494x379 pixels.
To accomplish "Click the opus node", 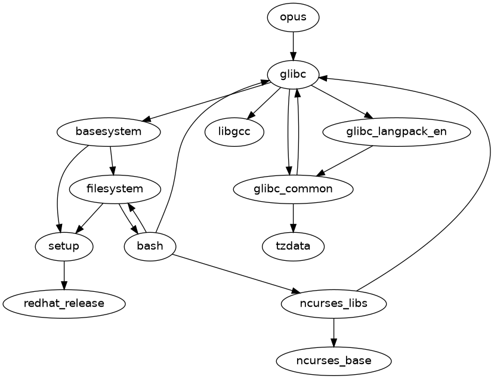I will point(293,17).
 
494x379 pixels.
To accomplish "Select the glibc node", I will point(293,74).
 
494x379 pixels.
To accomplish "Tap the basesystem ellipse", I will point(109,131).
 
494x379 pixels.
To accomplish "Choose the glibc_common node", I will point(293,189).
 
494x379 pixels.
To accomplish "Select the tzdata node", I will point(293,246).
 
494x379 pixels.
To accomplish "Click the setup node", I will point(64,246).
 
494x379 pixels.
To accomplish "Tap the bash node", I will point(150,246).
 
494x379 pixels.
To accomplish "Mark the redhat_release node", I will point(64,303).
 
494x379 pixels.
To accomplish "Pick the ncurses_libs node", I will point(334,303).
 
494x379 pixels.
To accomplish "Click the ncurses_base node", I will point(334,360).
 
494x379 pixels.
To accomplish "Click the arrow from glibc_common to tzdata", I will point(293,217).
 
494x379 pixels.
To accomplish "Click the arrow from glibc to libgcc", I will point(264,103).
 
